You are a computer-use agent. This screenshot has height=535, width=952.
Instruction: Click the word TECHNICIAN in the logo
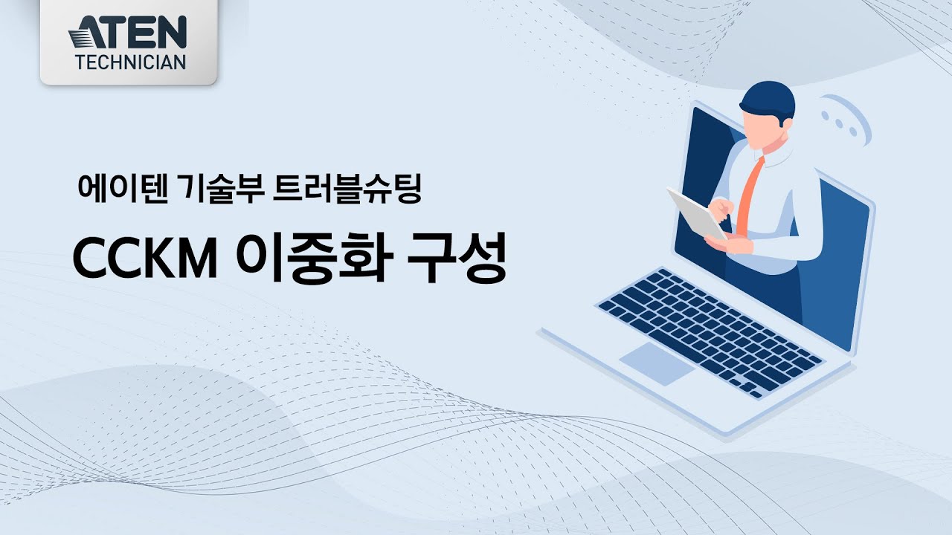pos(130,62)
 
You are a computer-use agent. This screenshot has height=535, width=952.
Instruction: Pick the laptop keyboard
pos(710,328)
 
